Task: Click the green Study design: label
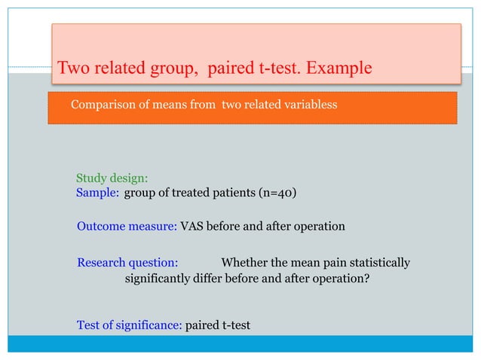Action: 112,178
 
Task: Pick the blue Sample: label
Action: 97,193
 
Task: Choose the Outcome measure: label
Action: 127,227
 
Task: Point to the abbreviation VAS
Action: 191,227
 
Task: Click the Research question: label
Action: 127,263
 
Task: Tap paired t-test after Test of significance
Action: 218,325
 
